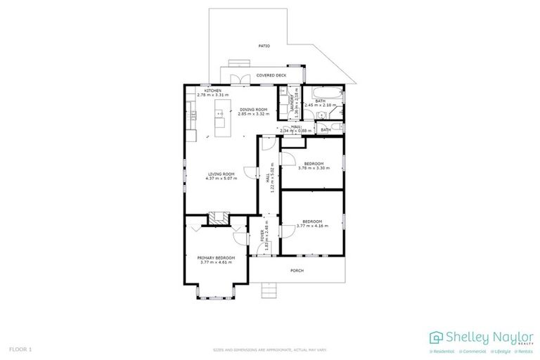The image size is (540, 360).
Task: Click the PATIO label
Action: click(264, 46)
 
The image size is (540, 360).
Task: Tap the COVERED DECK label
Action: click(271, 75)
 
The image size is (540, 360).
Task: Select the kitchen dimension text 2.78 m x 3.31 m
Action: click(213, 95)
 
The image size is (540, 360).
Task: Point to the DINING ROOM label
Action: click(253, 110)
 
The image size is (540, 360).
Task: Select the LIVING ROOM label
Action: click(221, 174)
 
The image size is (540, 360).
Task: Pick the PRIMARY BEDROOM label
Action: click(216, 258)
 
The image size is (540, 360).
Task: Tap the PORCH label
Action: click(297, 270)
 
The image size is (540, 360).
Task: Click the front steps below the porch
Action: click(270, 290)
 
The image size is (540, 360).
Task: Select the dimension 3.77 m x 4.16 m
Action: click(311, 224)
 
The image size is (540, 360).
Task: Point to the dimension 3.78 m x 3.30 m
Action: click(313, 167)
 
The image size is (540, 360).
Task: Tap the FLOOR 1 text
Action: click(20, 349)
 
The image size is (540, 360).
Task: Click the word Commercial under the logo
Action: click(474, 350)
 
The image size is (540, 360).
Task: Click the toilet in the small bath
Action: click(336, 129)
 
